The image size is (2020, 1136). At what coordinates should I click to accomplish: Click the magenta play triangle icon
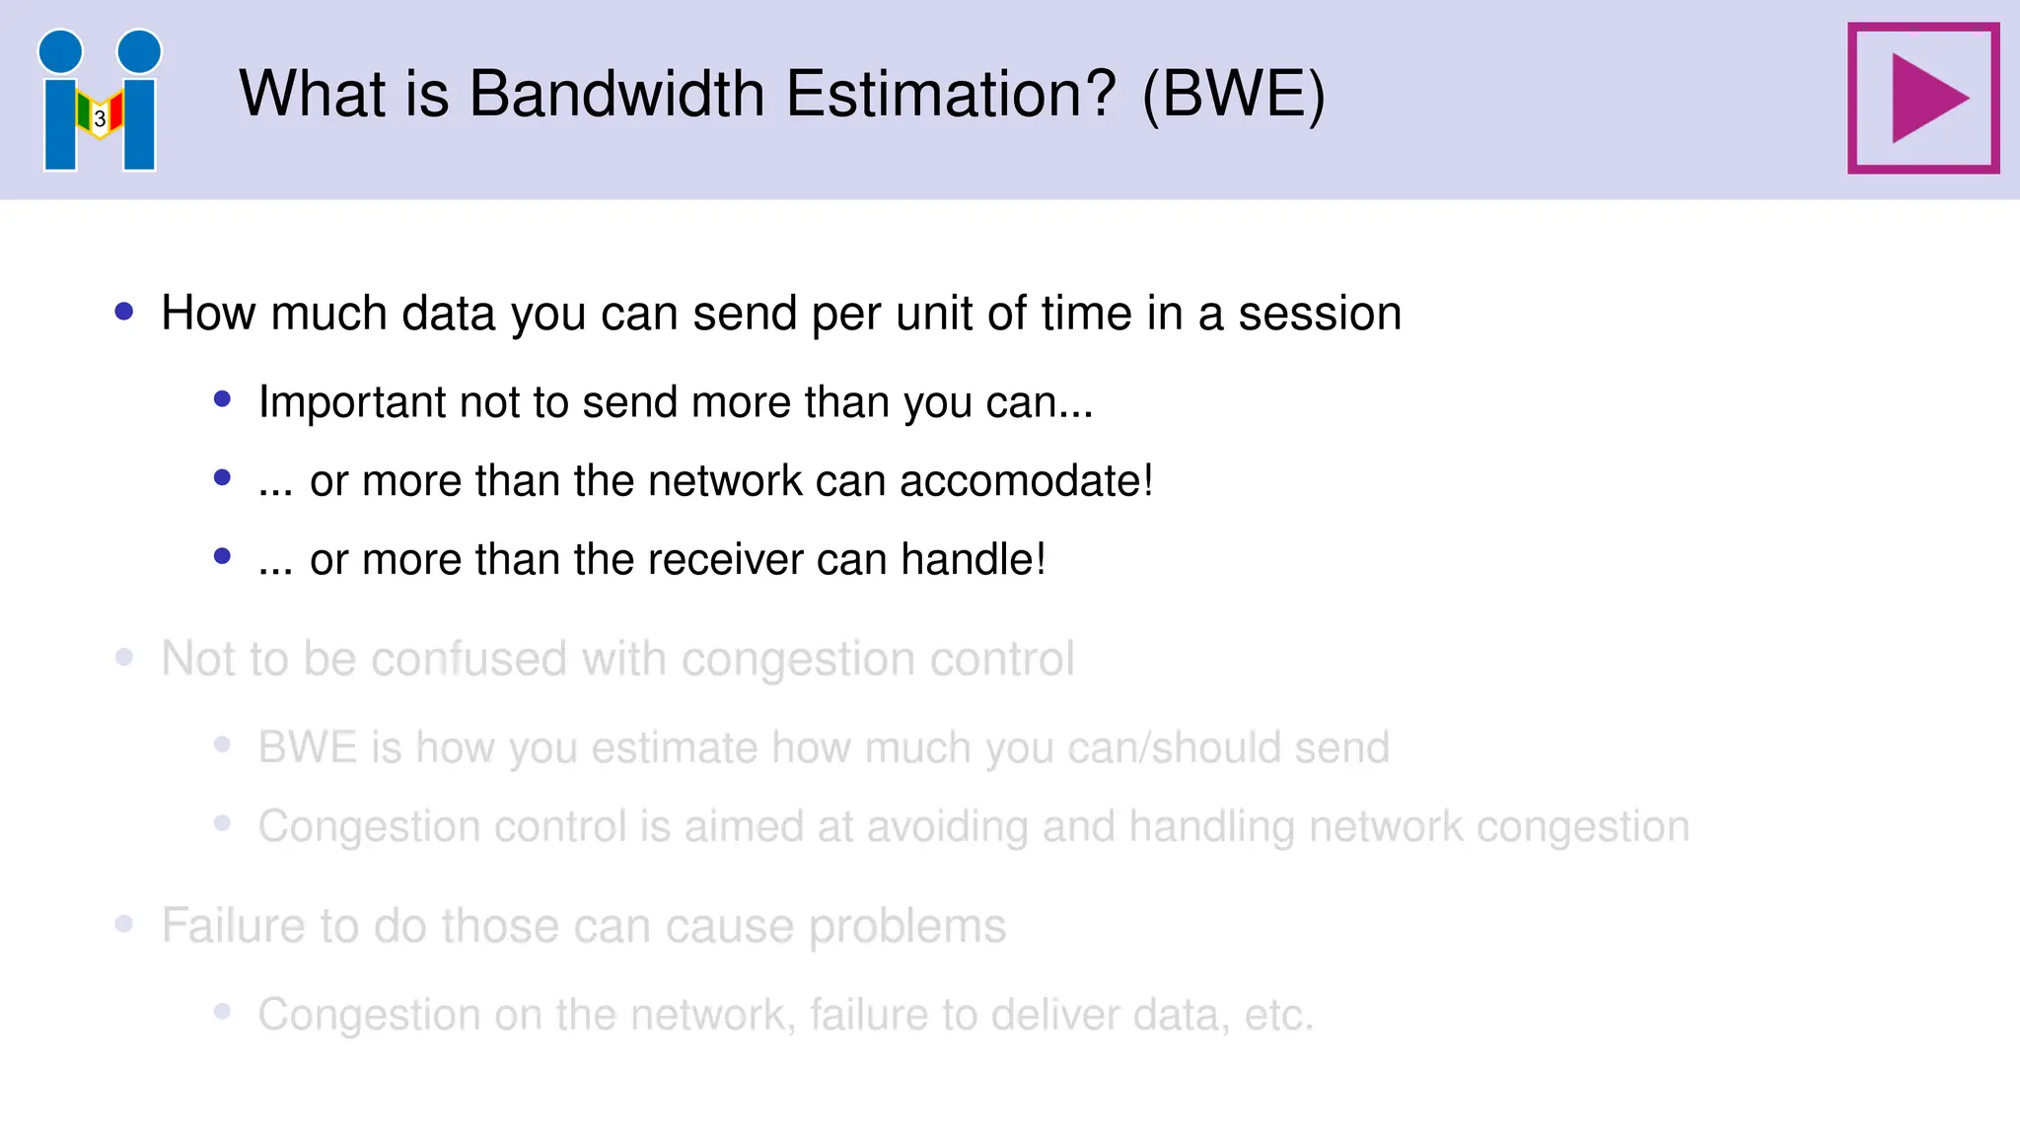point(1926,99)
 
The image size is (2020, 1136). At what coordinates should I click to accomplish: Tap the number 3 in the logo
point(100,118)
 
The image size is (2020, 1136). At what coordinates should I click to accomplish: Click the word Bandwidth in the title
point(616,95)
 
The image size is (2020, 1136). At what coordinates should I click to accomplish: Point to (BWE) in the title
point(1233,95)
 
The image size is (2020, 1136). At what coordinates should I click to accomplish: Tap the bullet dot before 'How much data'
point(124,312)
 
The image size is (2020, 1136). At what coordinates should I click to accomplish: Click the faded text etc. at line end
point(1278,1015)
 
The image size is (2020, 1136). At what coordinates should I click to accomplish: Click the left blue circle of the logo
point(61,51)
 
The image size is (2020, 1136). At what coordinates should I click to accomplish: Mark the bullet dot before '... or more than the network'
point(222,478)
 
